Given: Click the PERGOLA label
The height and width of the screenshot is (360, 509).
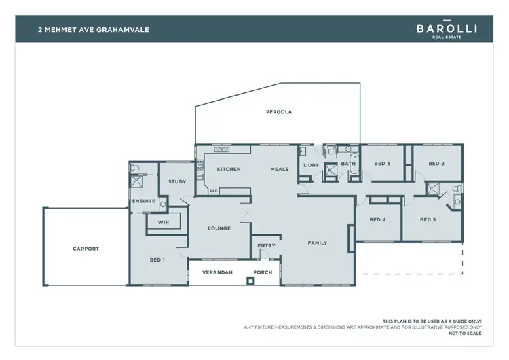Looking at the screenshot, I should pos(279,112).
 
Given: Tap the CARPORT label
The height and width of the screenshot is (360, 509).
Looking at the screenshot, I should pos(86,249).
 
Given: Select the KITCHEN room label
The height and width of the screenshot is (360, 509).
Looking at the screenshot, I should pos(229,169).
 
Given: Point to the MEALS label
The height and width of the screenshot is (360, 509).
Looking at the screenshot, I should pos(280,169).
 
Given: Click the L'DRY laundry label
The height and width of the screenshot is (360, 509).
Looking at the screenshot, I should pos(311,165).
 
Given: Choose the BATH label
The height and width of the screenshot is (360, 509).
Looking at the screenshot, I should pos(348,164).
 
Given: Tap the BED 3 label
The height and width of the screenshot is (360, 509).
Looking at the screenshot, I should pos(382,164).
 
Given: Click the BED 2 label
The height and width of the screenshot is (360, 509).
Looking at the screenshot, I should pos(437,164).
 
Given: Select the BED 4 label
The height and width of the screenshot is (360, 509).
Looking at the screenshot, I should pos(378,219).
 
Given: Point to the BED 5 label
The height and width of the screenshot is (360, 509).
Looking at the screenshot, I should pos(428,219).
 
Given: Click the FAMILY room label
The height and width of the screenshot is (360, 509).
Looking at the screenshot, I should pos(318,242).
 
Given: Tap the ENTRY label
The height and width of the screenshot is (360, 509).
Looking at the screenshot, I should pos(266,246).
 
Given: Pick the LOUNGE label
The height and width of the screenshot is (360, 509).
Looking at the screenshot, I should pos(219,228).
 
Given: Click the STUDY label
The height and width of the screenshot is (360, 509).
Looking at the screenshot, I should pos(177,181).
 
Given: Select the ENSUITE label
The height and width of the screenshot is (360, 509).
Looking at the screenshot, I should pos(144,201).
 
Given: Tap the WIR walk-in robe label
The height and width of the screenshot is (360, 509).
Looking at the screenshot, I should pos(163,221).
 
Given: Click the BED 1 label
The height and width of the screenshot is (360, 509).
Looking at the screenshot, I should pos(157,259).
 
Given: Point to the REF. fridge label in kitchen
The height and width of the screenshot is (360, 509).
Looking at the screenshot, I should pos(213,191).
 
